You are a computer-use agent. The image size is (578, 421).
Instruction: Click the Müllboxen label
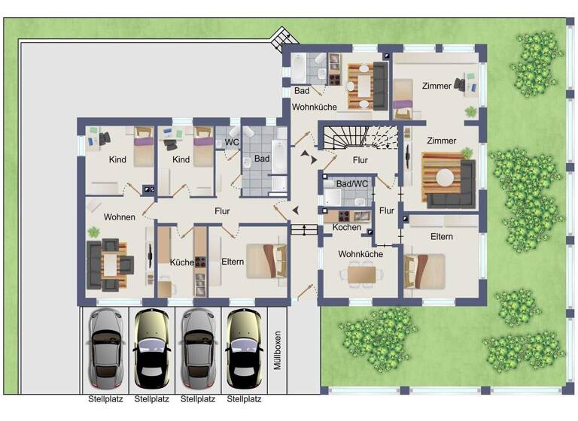pos(278,350)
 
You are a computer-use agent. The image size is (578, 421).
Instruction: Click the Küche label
pos(181,262)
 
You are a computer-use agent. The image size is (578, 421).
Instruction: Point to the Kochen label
pos(347,227)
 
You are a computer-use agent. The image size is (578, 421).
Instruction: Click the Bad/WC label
pos(351,183)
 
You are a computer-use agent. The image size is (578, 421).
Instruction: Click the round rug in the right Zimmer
pos(447,177)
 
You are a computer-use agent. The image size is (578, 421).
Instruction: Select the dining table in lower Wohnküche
pos(360,274)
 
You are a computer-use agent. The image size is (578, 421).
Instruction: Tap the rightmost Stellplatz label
pos(245,399)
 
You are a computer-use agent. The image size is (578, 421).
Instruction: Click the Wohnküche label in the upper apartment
pos(315,108)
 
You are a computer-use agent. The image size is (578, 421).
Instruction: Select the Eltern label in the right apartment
pos(442,236)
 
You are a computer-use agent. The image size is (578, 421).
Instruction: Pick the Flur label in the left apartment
pos(221,211)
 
